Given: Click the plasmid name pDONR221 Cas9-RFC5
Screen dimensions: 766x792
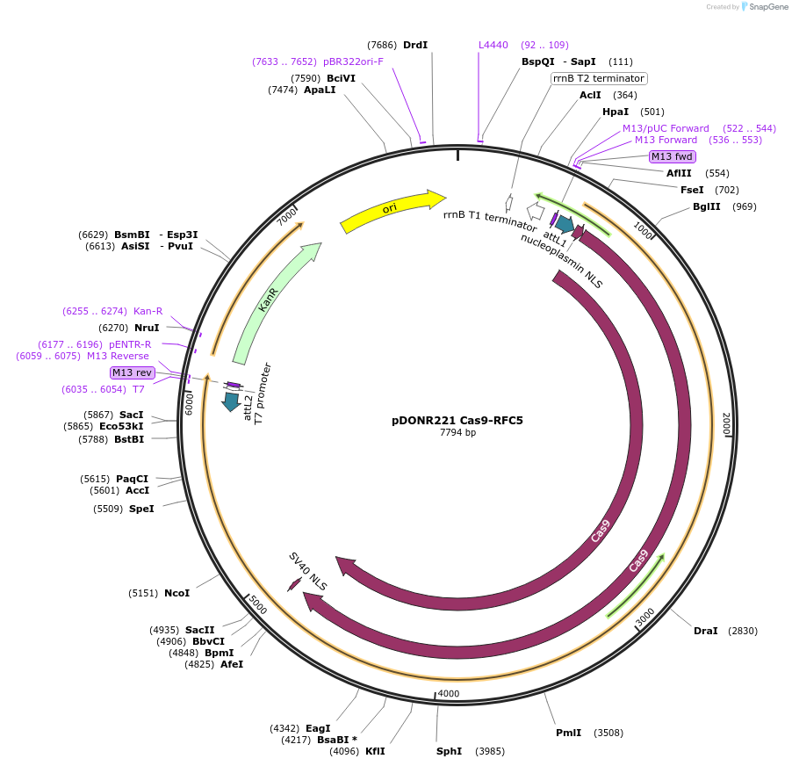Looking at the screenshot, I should [457, 420].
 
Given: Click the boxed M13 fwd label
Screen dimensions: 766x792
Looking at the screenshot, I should [672, 156].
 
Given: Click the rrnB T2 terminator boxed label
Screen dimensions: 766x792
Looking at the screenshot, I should [599, 78].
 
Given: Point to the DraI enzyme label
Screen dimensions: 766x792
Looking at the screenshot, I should [705, 631].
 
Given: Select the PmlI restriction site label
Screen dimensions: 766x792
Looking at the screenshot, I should [568, 733].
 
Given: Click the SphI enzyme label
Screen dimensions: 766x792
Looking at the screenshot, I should [449, 751].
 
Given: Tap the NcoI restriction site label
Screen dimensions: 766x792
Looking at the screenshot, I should [176, 593].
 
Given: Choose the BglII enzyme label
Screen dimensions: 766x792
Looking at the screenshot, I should [706, 206].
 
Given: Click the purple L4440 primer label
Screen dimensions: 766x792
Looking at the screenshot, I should [493, 45].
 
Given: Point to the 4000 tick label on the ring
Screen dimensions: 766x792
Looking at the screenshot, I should [449, 694].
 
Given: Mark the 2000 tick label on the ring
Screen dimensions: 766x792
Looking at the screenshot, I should [725, 423].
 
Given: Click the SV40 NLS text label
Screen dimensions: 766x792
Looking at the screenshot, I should [308, 569].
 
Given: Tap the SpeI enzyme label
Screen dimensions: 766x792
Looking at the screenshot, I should [141, 509].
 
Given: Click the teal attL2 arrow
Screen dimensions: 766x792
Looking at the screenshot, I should [232, 401].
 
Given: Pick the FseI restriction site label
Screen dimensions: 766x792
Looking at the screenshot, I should [692, 190].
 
